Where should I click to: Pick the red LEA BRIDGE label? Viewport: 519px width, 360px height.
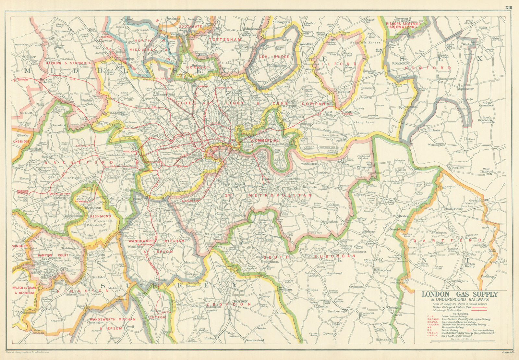tap(274, 57)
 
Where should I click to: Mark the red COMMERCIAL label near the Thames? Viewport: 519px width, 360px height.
tap(265, 140)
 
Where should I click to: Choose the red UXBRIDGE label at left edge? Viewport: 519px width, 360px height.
tap(21, 142)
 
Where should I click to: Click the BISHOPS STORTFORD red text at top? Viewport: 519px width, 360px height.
tap(404, 24)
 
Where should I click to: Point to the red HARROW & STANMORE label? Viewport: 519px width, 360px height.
tap(68, 63)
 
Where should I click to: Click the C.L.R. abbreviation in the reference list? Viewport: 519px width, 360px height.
tap(430, 317)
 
